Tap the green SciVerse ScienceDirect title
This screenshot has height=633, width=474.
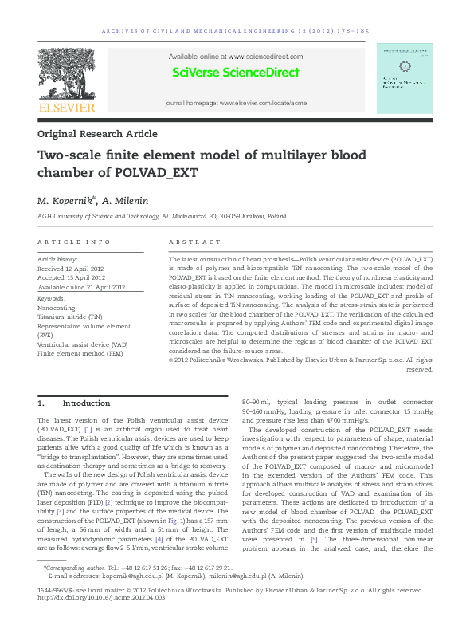pos(236,73)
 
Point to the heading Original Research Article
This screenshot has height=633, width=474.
pos(97,134)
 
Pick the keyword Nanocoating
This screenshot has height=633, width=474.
pos(57,307)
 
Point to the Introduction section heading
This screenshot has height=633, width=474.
pos(86,403)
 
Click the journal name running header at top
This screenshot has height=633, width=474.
pos(236,32)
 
